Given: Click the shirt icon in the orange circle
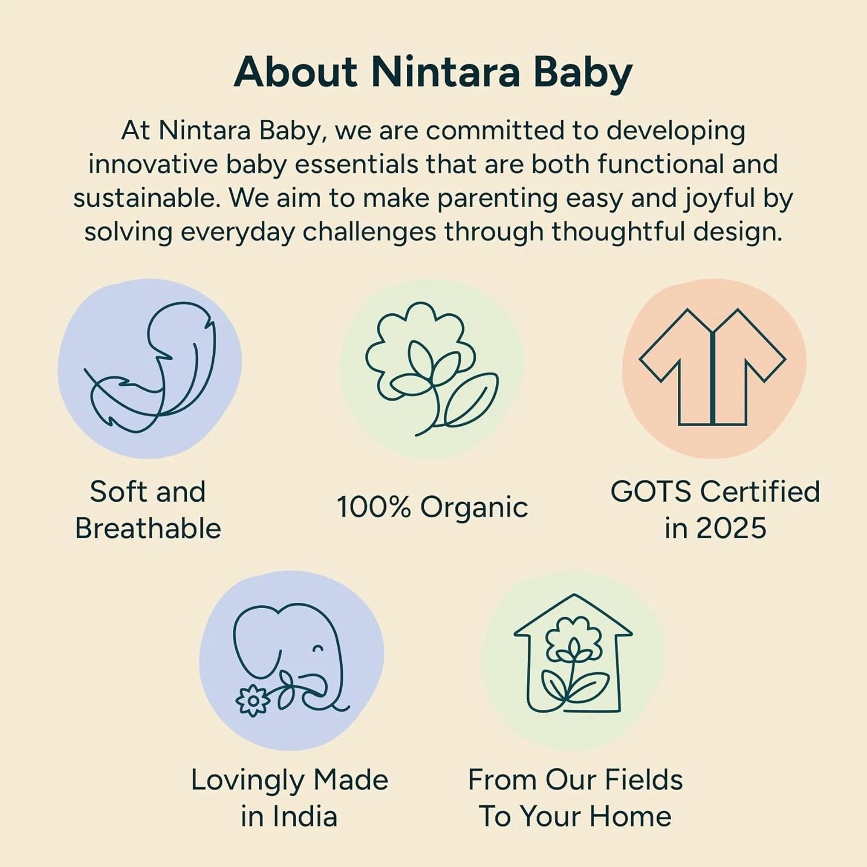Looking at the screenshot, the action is tap(712, 367).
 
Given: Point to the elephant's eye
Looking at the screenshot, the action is tap(317, 649).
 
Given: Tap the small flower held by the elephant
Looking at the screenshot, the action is tap(253, 701).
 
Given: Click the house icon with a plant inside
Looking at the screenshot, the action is tap(573, 653).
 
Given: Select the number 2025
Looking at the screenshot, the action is tap(731, 528).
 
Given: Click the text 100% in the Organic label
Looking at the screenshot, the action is tap(373, 507).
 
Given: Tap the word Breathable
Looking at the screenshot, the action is tap(148, 528).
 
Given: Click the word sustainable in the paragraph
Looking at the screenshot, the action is tap(147, 198).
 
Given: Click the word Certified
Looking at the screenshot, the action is tap(760, 491).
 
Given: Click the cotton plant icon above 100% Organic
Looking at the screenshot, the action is tap(432, 369).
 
